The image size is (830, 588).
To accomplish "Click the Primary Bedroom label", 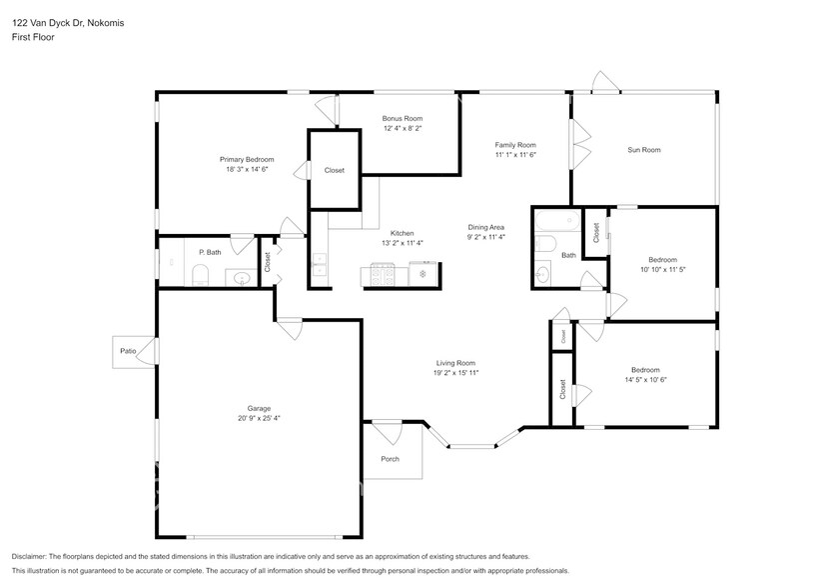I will tap(247, 159).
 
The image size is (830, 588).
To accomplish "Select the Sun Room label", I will tap(643, 150).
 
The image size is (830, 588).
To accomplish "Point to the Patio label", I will tap(128, 351).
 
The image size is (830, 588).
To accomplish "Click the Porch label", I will tap(390, 460).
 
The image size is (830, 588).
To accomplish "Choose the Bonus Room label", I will tap(403, 118).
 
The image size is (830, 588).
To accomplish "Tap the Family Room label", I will tap(515, 144).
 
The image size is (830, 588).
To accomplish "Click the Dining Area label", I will tap(486, 227).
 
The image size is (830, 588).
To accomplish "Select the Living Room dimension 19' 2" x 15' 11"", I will tap(456, 373).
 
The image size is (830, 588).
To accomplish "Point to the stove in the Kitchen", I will tap(384, 271).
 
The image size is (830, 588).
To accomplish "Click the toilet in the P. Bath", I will tap(199, 276).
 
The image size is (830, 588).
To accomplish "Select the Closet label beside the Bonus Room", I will tap(335, 170).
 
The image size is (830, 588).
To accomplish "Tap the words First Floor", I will tap(33, 37).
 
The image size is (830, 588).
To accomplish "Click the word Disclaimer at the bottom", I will tap(33, 556).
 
